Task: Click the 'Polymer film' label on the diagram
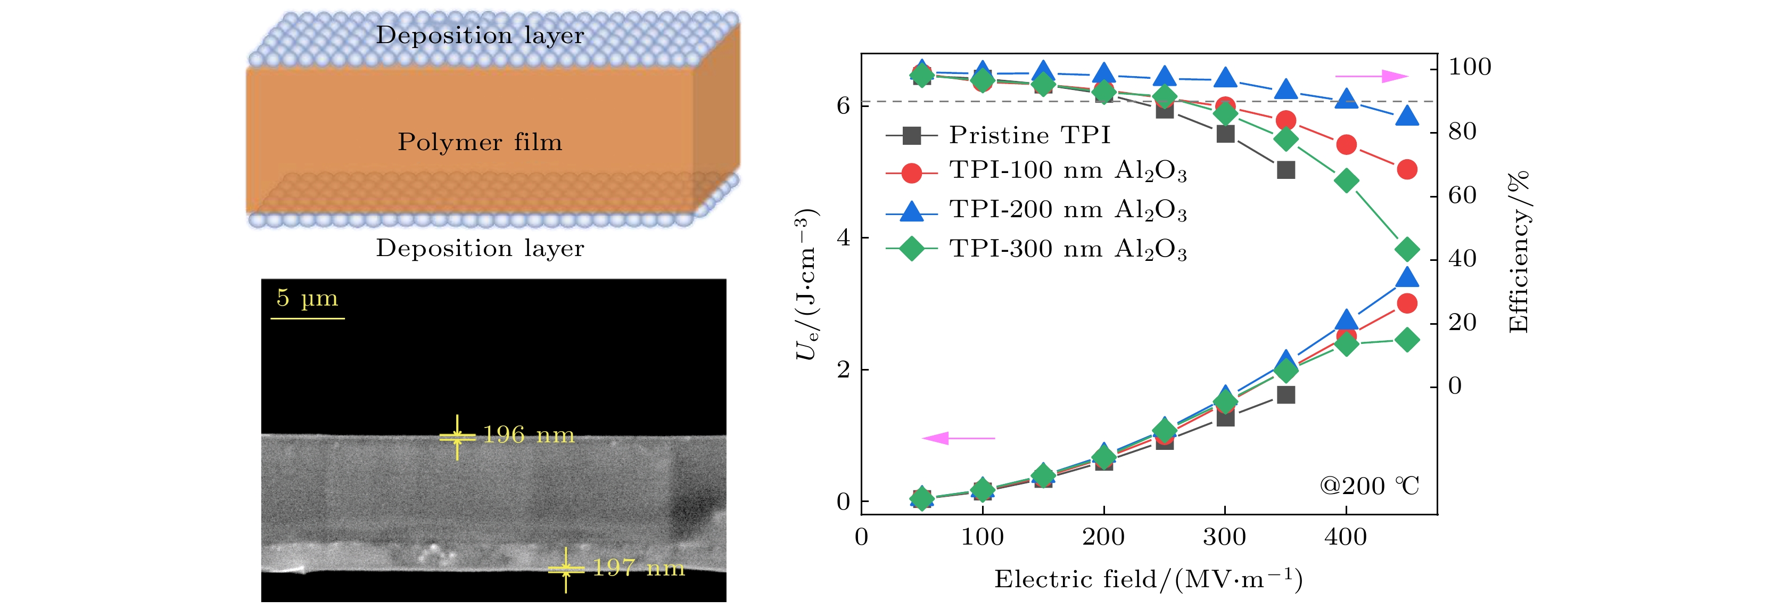click(480, 142)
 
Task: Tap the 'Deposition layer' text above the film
click(480, 35)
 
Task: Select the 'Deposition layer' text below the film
click(480, 248)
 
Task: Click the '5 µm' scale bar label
click(307, 298)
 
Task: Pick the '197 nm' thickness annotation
click(639, 568)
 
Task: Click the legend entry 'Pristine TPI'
click(1029, 135)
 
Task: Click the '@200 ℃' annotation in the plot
click(1369, 486)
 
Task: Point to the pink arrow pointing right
click(1372, 76)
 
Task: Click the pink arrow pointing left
click(958, 438)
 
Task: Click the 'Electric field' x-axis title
click(1148, 579)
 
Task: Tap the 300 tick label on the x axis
click(1224, 537)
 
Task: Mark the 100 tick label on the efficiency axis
click(1469, 67)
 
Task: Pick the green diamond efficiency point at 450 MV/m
click(1407, 249)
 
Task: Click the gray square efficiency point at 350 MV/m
click(1286, 169)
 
